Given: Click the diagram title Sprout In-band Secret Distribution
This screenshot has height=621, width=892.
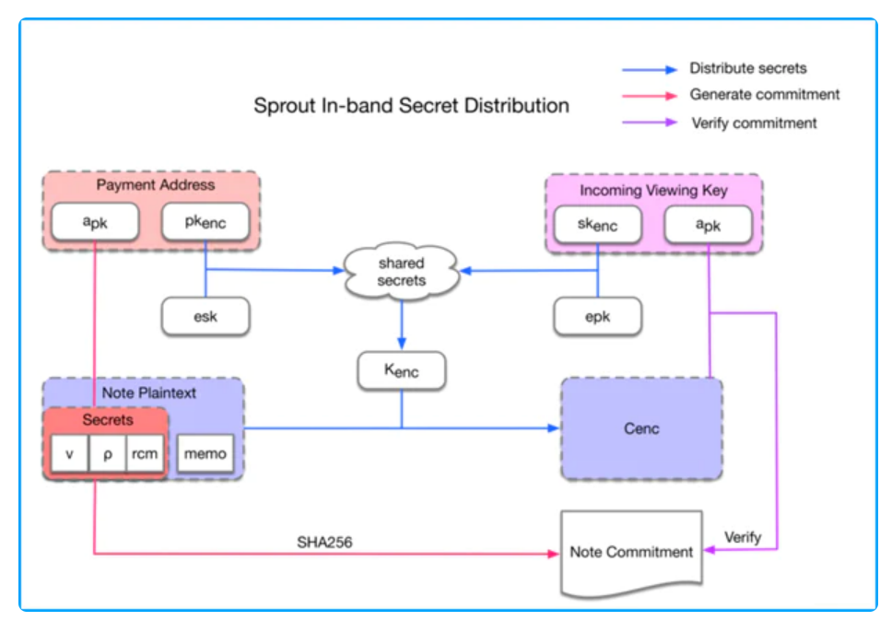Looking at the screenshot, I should (411, 105).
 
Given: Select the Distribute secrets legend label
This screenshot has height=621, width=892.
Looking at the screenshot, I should (747, 68).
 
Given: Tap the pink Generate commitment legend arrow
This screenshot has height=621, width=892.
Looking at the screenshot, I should (651, 95).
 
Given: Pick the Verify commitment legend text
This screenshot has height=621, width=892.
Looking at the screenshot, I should (754, 123).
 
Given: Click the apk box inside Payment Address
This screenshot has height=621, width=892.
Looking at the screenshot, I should (96, 222).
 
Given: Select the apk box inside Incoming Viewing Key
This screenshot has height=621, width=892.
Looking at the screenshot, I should (708, 225).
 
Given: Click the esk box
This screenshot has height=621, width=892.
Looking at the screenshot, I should (205, 317).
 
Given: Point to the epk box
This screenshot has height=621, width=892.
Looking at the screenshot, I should (597, 317).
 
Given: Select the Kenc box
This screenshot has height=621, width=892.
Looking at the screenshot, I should (401, 371).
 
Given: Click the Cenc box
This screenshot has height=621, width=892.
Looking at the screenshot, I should (641, 428).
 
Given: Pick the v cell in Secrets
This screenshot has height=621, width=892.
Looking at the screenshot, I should (69, 454).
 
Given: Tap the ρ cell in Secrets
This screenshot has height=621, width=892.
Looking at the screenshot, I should (107, 454).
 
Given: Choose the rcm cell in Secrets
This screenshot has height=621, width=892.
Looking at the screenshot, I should (144, 454).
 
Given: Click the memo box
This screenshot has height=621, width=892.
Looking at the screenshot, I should (205, 454).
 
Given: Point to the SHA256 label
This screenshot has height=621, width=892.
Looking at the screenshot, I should (324, 543).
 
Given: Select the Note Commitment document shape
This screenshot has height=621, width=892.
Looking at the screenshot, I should (631, 552).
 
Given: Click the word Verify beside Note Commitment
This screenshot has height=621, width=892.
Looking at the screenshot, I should (743, 537).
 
